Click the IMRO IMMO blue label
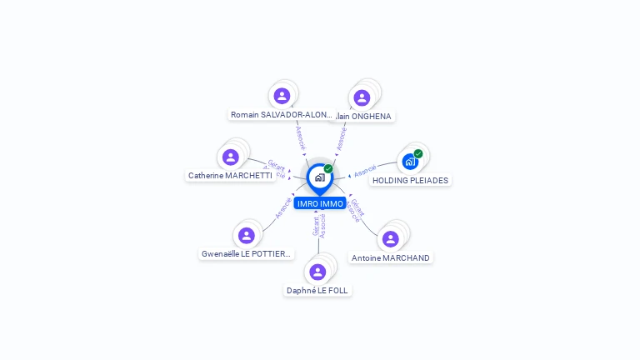click(x=320, y=203)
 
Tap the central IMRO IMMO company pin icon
click(x=319, y=177)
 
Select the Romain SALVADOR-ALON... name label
click(x=282, y=115)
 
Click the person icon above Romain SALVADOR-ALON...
click(x=282, y=96)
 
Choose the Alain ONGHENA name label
click(x=362, y=117)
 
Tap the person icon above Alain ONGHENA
click(x=362, y=97)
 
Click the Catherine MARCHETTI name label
click(x=230, y=176)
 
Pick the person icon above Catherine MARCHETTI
click(x=231, y=157)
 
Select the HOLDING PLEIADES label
click(x=410, y=180)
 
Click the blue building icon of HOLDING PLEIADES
click(x=409, y=162)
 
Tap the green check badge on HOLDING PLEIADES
click(x=418, y=153)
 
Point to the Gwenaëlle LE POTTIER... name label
click(x=247, y=254)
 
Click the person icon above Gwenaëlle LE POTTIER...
click(x=247, y=235)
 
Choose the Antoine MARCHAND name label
click(x=391, y=258)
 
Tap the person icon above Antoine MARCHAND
click(x=390, y=239)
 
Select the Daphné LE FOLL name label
click(x=317, y=291)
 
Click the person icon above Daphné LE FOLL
click(x=317, y=272)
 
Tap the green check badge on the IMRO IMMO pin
click(x=328, y=168)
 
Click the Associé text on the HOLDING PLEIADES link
click(x=365, y=172)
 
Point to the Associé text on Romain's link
click(x=301, y=137)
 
